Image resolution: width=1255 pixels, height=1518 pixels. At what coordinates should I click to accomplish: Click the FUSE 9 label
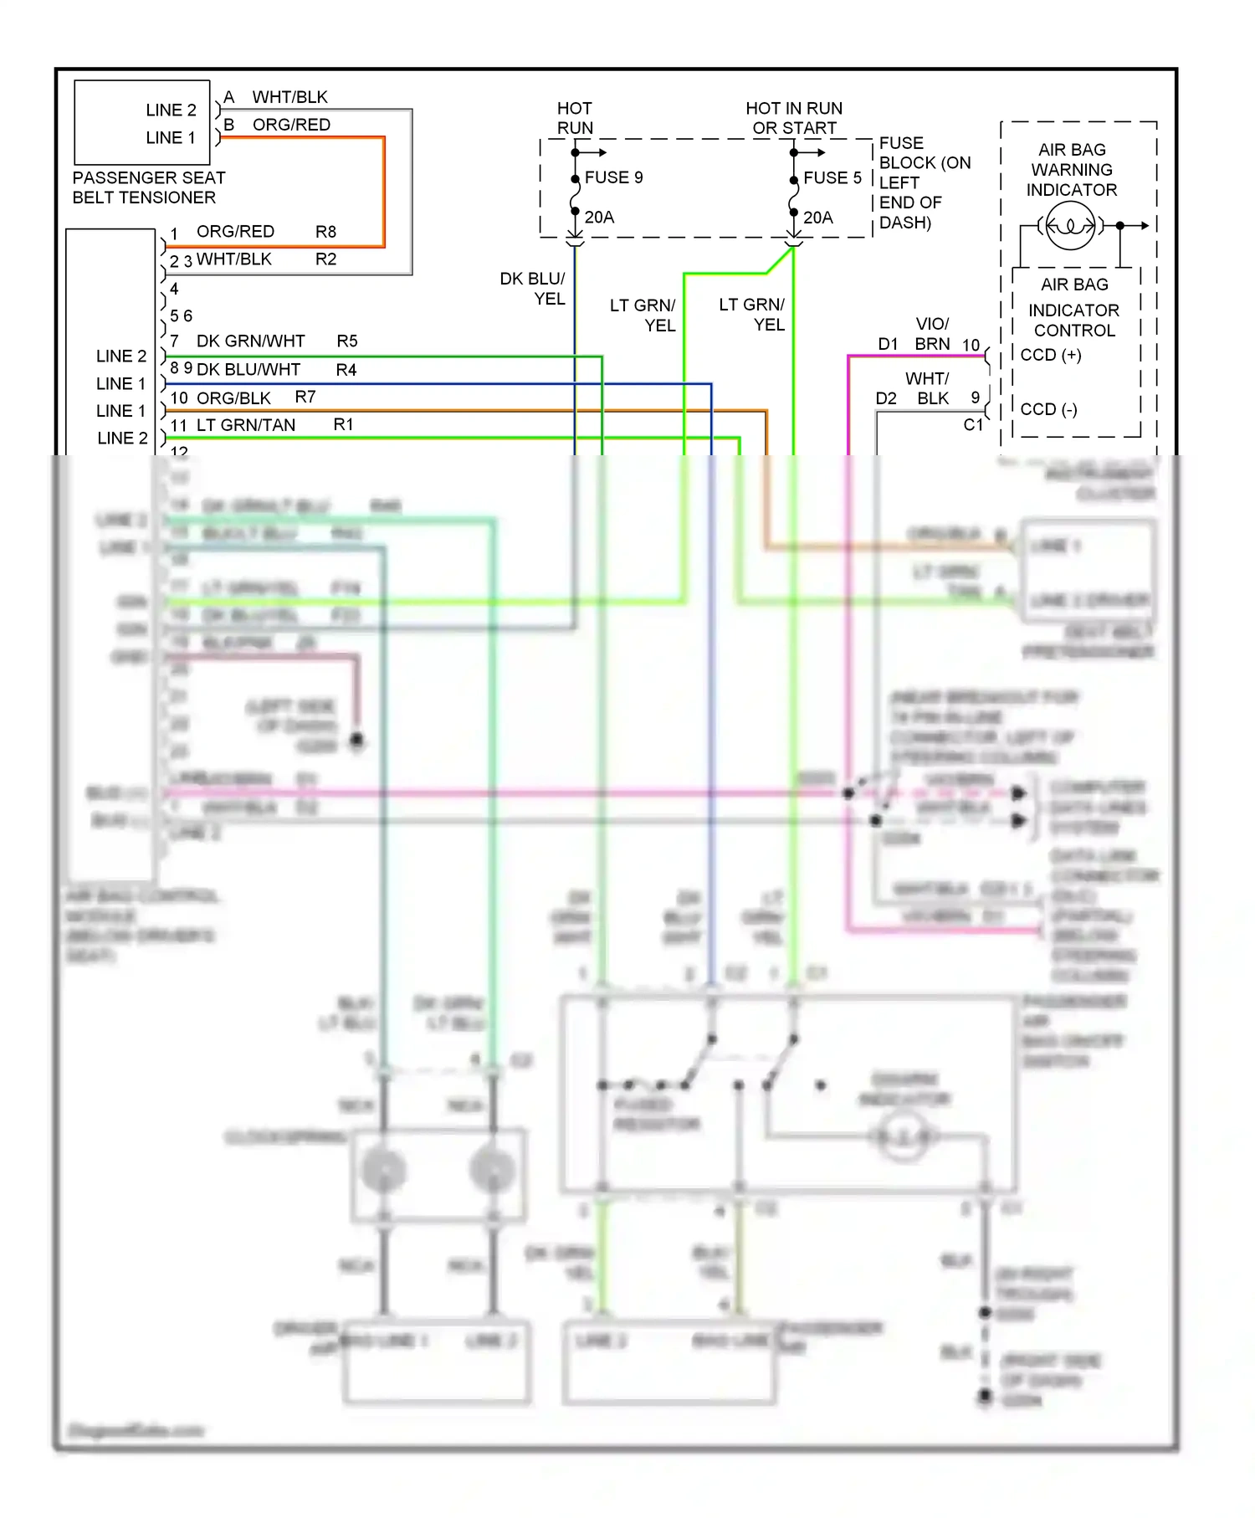click(613, 177)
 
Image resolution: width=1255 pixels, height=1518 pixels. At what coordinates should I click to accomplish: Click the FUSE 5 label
click(832, 178)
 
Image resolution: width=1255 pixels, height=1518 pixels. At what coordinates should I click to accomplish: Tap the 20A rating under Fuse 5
click(817, 218)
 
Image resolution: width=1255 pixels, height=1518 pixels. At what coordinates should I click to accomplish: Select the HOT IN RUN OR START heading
click(794, 118)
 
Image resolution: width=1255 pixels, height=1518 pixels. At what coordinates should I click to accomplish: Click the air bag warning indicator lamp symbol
click(1070, 226)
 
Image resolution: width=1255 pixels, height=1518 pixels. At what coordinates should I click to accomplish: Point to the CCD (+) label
click(1051, 355)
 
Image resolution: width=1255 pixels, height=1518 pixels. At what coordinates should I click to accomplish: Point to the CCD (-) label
click(1048, 409)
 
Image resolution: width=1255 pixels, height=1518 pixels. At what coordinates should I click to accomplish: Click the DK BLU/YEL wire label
click(533, 289)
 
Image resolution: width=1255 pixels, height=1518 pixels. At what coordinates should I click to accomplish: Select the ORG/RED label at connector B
click(291, 125)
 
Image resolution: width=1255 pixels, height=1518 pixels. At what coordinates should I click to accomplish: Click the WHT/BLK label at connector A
click(289, 97)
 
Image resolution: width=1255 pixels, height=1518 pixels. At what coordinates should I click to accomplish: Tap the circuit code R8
click(325, 232)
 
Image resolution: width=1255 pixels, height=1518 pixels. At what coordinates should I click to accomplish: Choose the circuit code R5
click(346, 341)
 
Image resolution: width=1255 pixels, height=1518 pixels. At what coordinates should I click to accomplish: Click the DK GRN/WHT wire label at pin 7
click(250, 341)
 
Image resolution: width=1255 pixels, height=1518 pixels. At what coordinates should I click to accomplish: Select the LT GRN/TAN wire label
click(245, 425)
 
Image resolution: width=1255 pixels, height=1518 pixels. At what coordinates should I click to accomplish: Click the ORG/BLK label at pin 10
click(233, 398)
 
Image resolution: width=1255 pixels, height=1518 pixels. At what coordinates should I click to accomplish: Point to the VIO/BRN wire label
click(932, 334)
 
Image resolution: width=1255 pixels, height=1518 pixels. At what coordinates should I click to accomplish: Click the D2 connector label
click(885, 398)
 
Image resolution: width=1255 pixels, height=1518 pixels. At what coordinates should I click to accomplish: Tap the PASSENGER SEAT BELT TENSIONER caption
click(148, 187)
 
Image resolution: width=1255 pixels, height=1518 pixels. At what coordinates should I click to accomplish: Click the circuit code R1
click(343, 425)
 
